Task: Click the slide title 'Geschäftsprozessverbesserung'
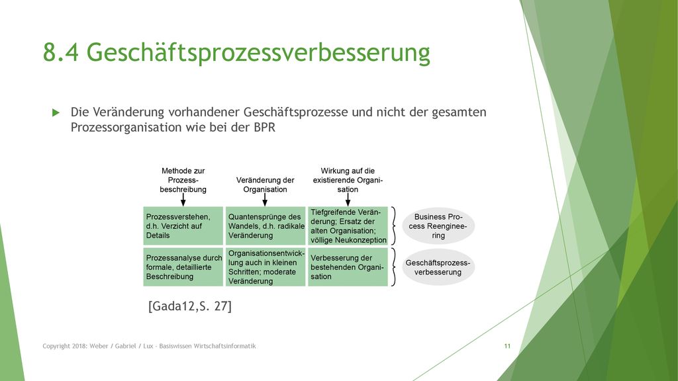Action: tap(258, 53)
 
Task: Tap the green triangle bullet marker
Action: tap(56, 112)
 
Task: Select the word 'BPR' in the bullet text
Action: tap(265, 128)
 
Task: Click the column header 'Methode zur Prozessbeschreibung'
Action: tap(183, 180)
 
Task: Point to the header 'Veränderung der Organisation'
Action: tap(265, 185)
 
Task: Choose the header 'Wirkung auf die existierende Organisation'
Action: tap(348, 180)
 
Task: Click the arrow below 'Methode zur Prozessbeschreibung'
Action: tap(183, 200)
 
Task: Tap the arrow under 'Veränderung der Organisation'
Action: tap(265, 200)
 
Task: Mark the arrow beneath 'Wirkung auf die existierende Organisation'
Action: tap(348, 200)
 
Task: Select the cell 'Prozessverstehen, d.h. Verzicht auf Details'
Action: tap(183, 226)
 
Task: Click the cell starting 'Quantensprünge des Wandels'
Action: tap(266, 226)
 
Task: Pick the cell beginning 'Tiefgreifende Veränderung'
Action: tap(348, 226)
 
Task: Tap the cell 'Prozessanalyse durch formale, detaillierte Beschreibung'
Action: tap(183, 267)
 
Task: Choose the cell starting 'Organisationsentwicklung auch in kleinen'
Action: tap(266, 267)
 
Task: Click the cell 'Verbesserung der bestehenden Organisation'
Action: tap(348, 267)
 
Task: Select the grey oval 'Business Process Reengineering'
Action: tap(438, 226)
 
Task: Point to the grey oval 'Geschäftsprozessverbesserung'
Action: tap(438, 267)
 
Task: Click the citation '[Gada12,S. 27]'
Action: tap(190, 306)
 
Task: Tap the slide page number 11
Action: tap(507, 346)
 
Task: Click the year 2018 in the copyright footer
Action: tap(79, 346)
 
